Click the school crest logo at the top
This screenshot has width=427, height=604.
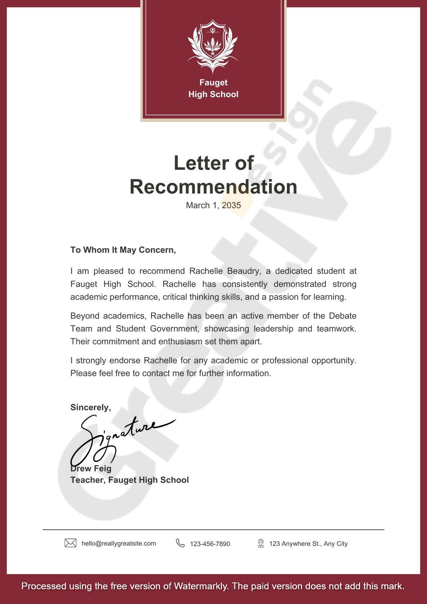point(213,46)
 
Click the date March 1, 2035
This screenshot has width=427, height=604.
point(213,205)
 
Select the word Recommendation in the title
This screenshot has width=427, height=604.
point(213,187)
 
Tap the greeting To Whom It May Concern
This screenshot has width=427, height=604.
point(123,250)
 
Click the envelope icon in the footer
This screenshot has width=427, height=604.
point(71,543)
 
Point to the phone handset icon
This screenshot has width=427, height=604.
point(180,543)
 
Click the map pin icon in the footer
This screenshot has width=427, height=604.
point(261,544)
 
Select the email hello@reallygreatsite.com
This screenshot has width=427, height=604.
point(119,544)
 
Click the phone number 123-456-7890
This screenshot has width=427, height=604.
point(210,544)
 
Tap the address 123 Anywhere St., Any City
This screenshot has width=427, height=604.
point(308,544)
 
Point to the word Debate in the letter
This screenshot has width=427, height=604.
point(342,316)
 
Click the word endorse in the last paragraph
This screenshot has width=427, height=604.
point(125,361)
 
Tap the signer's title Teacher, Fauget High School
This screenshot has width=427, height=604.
point(129,480)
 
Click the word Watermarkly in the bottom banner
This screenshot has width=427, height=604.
point(201,586)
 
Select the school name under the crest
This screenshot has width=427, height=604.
point(213,88)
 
